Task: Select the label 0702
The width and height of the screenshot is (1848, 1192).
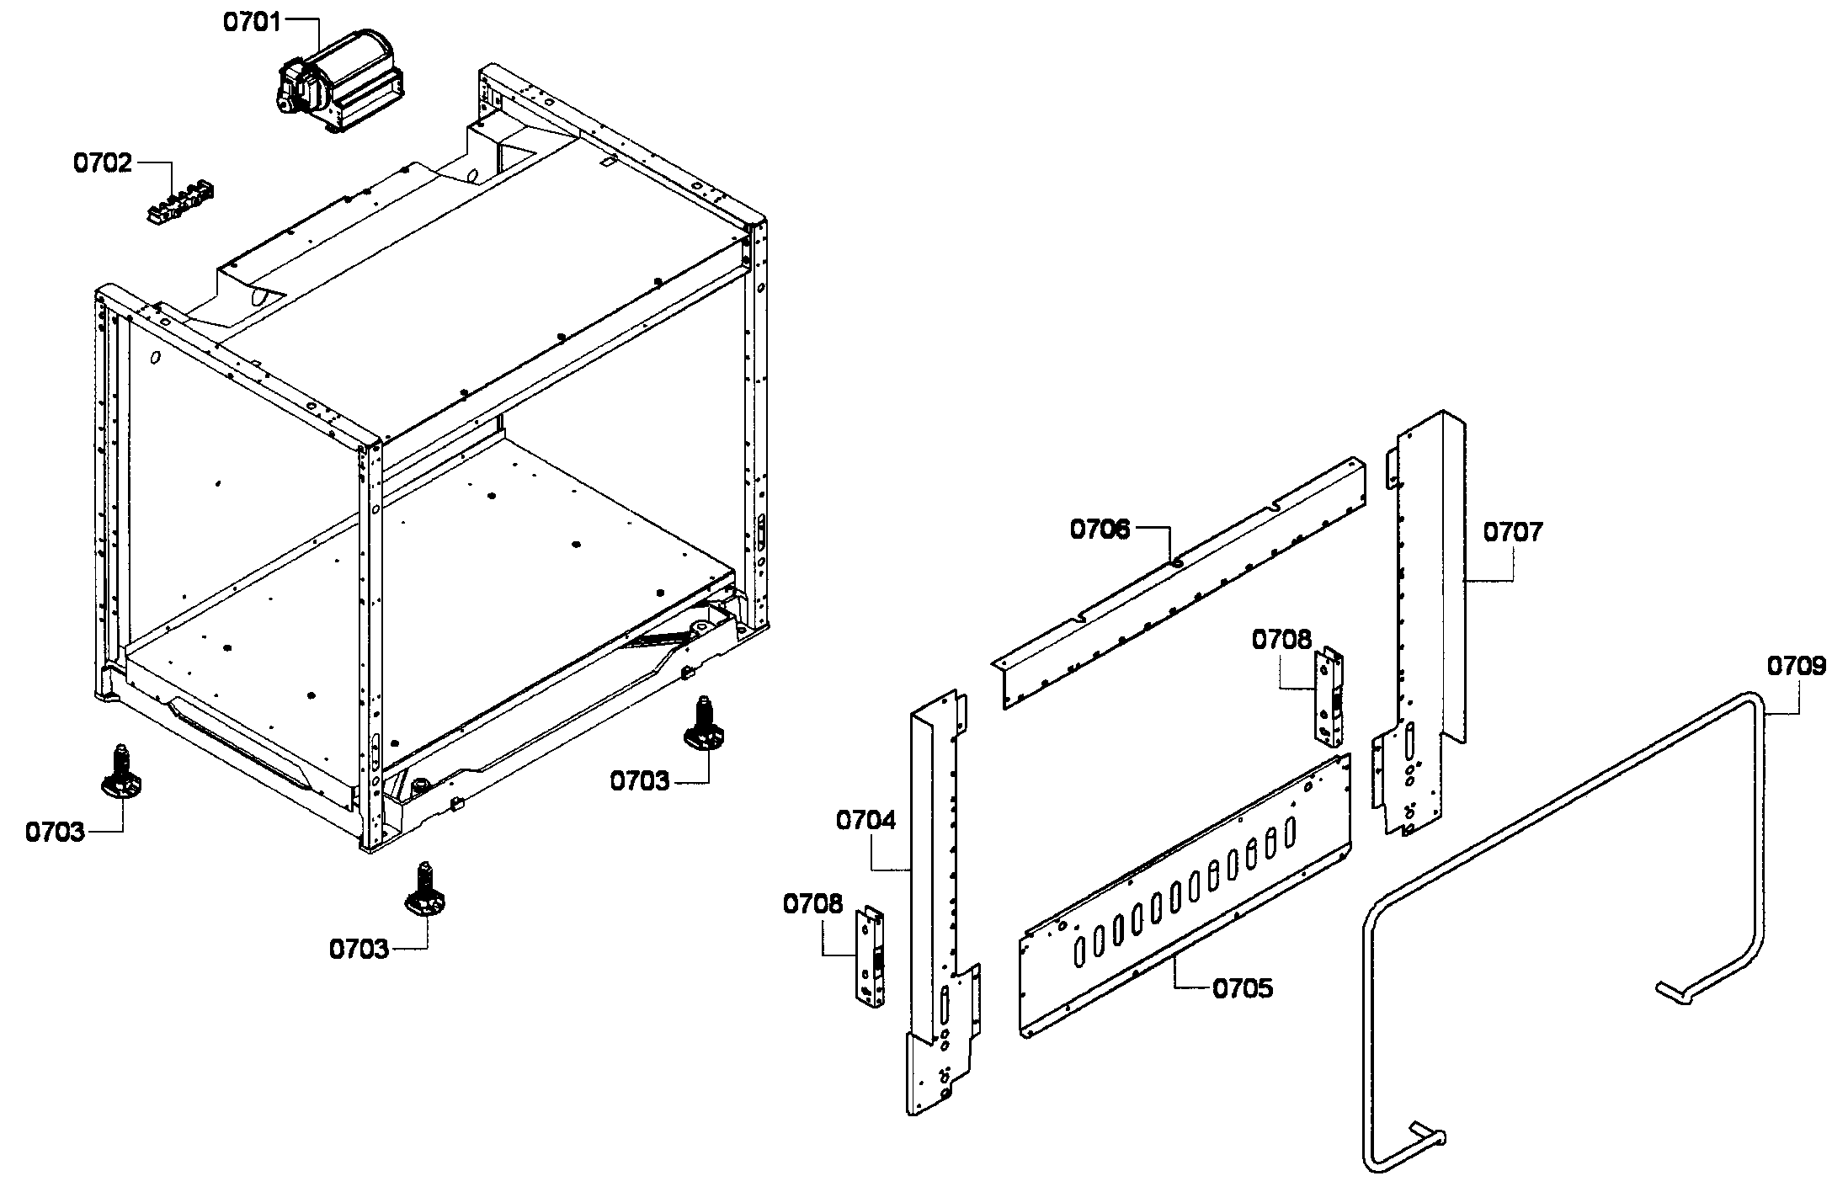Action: pyautogui.click(x=103, y=162)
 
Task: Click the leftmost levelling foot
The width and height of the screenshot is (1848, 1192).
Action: pyautogui.click(x=121, y=773)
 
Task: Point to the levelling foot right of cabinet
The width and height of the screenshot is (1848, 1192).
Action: pyautogui.click(x=704, y=726)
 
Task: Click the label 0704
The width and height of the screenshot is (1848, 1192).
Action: pyautogui.click(x=866, y=820)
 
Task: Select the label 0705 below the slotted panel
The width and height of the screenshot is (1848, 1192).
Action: pyautogui.click(x=1243, y=988)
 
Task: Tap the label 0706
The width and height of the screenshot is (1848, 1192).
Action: pyautogui.click(x=1100, y=529)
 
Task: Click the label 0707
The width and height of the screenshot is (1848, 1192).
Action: pyautogui.click(x=1513, y=532)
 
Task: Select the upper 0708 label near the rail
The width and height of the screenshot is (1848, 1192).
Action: pyautogui.click(x=1281, y=640)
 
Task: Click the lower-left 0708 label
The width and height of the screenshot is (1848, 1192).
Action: pyautogui.click(x=812, y=905)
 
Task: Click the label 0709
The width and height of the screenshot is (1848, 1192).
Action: pyautogui.click(x=1796, y=668)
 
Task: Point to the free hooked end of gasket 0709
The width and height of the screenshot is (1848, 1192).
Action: pyautogui.click(x=1671, y=992)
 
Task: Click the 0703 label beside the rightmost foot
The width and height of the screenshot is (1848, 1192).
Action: pyautogui.click(x=640, y=782)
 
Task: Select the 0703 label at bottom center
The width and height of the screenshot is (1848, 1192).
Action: pyautogui.click(x=359, y=950)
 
